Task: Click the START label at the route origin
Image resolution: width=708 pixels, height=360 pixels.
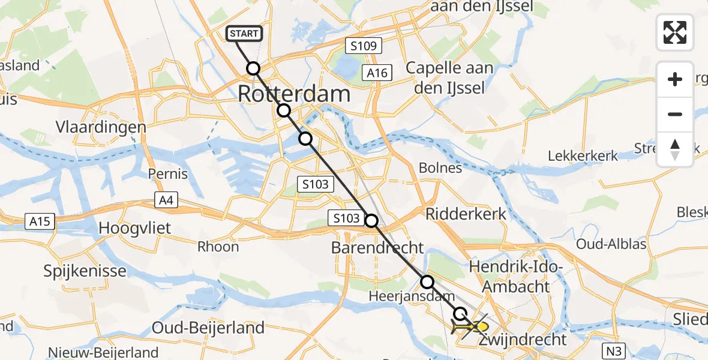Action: coord(244,33)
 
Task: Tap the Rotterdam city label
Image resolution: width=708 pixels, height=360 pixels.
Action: coord(294,94)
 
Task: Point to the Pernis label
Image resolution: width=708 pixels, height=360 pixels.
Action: coord(168,175)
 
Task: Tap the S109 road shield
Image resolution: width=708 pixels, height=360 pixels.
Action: coord(363,46)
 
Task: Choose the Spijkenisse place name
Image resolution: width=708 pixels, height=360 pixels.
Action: coord(85,271)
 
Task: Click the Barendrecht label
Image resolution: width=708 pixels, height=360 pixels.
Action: coord(377,248)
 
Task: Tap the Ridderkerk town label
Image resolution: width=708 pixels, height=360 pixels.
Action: coord(466,214)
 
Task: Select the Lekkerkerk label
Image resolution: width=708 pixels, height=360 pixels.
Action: coord(583,156)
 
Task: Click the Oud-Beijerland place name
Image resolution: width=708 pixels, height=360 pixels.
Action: coord(208,328)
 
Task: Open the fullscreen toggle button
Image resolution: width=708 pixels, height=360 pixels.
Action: coord(675,32)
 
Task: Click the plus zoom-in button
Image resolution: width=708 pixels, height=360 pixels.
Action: coord(675,79)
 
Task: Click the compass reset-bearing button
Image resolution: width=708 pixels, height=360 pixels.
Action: coord(675,149)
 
